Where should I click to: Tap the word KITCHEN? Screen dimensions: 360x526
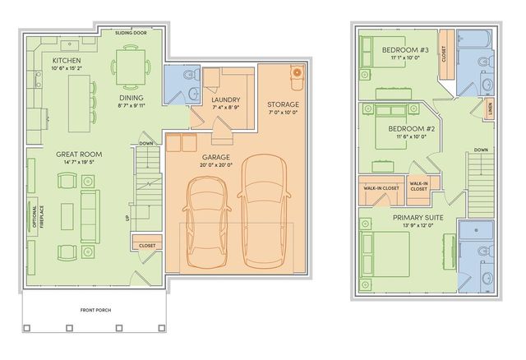[66, 62]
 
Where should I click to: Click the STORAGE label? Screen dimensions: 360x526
[283, 104]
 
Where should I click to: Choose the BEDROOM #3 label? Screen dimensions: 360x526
[403, 49]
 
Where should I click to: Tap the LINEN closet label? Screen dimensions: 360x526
[490, 108]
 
